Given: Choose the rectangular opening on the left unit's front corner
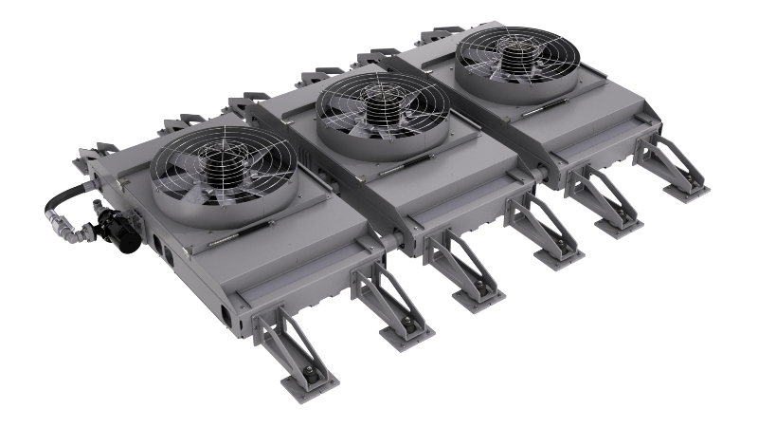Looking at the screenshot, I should (225, 312).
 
